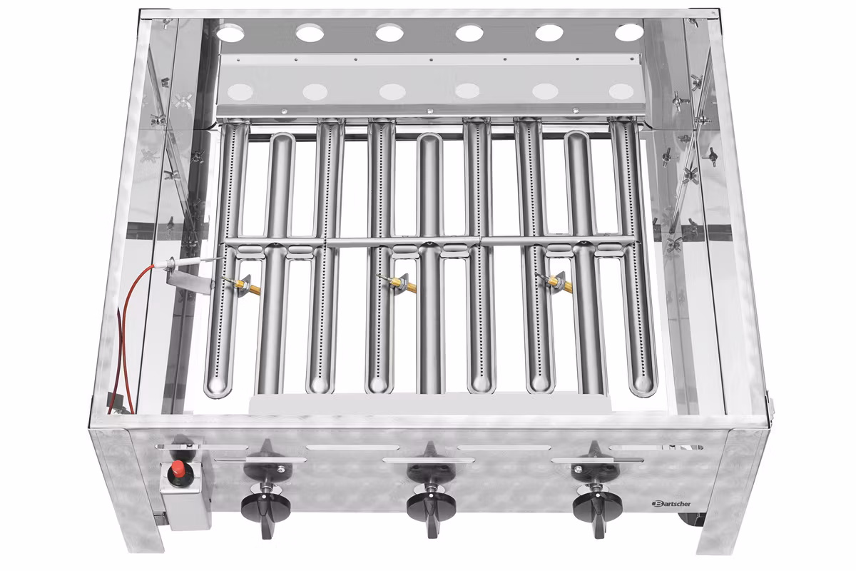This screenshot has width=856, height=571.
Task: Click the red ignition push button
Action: [178, 468]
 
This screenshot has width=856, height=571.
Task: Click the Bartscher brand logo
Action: [671, 504]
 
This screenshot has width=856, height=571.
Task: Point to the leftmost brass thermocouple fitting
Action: [245, 284]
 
